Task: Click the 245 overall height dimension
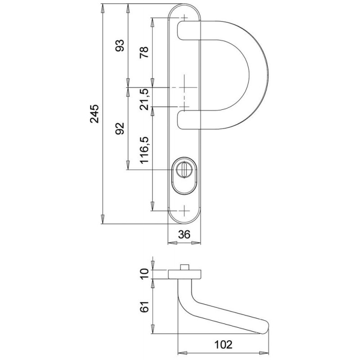coord(94,114)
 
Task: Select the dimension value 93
coord(120,45)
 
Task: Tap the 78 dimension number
coord(144,52)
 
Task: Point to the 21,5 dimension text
coord(144,99)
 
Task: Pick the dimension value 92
coord(120,129)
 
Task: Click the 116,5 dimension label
coord(144,150)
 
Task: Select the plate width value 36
coord(184,234)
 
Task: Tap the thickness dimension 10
coord(144,274)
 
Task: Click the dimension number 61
coord(144,306)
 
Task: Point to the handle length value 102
coord(223,344)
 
